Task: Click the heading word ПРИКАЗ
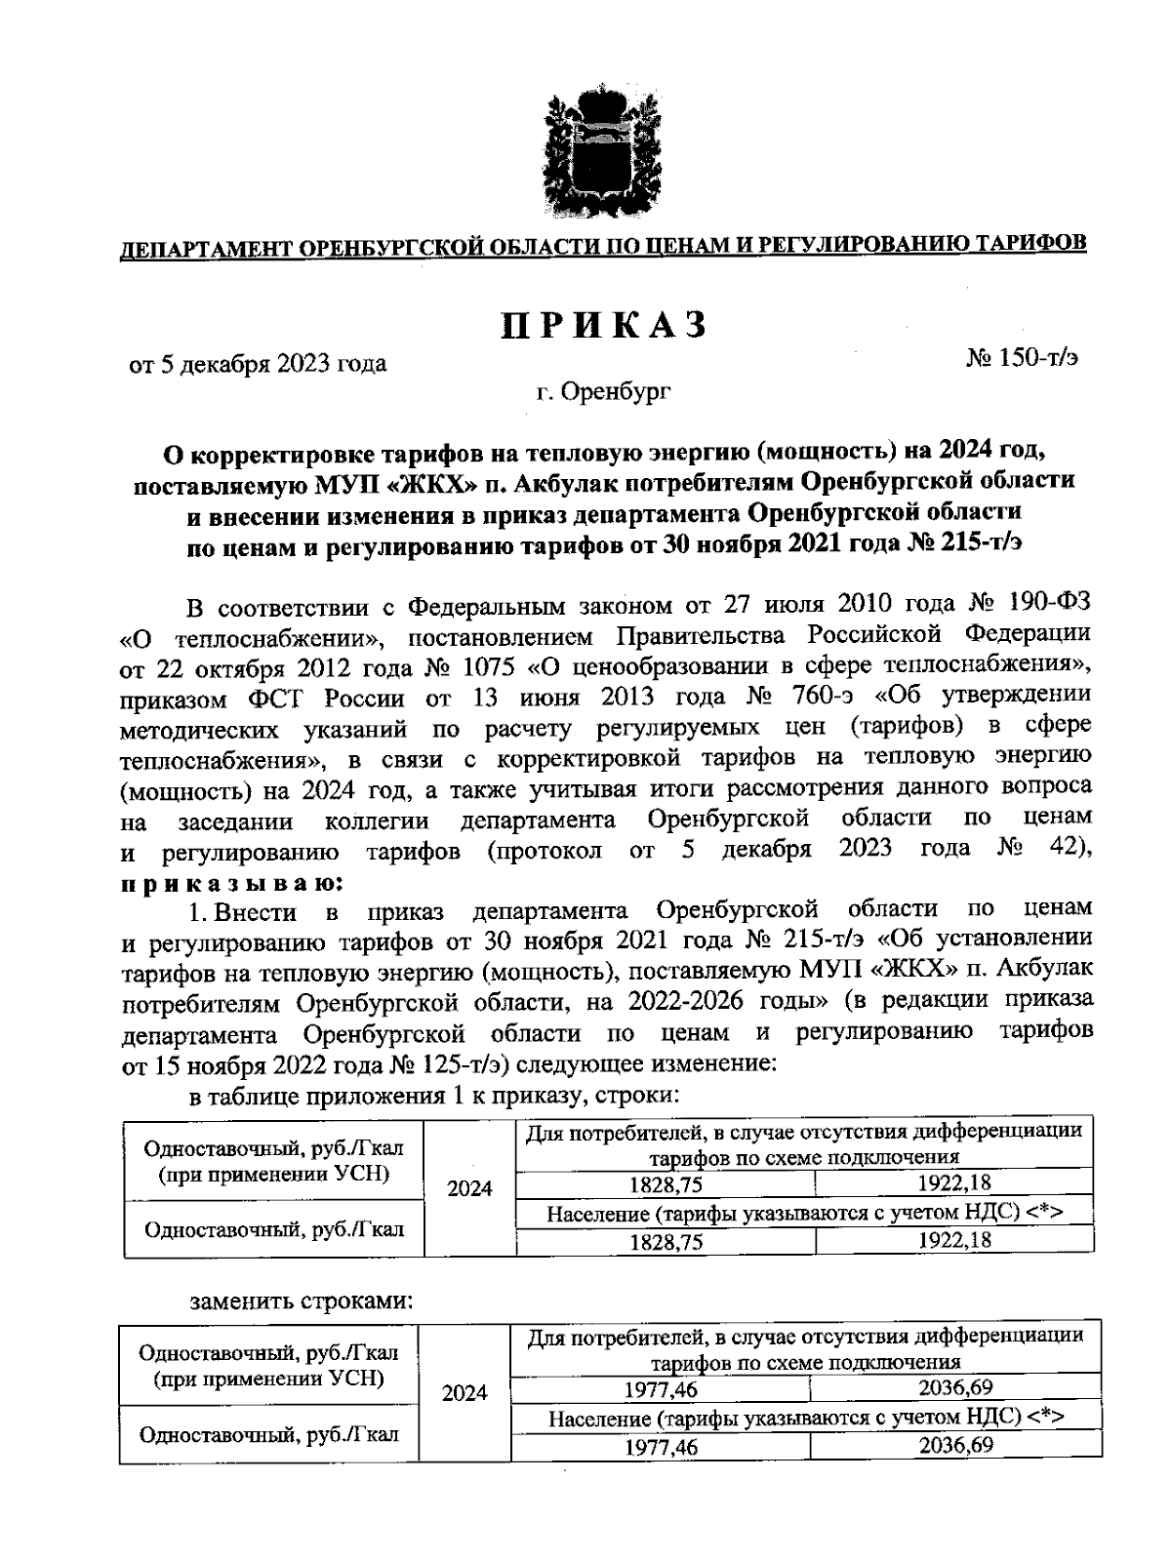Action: pyautogui.click(x=604, y=327)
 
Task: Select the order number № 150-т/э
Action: pyautogui.click(x=1022, y=358)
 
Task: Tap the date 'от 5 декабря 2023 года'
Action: pyautogui.click(x=258, y=364)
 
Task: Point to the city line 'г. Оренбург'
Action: pyautogui.click(x=604, y=392)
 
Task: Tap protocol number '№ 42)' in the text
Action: pyautogui.click(x=1043, y=848)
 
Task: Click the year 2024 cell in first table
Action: pyautogui.click(x=469, y=1187)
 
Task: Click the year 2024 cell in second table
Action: pyautogui.click(x=464, y=1392)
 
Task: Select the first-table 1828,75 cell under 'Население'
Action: pyautogui.click(x=666, y=1242)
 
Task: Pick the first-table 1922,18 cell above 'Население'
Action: pyautogui.click(x=953, y=1183)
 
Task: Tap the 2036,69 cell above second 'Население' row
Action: pyautogui.click(x=955, y=1387)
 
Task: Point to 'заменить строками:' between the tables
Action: pyautogui.click(x=302, y=1301)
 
